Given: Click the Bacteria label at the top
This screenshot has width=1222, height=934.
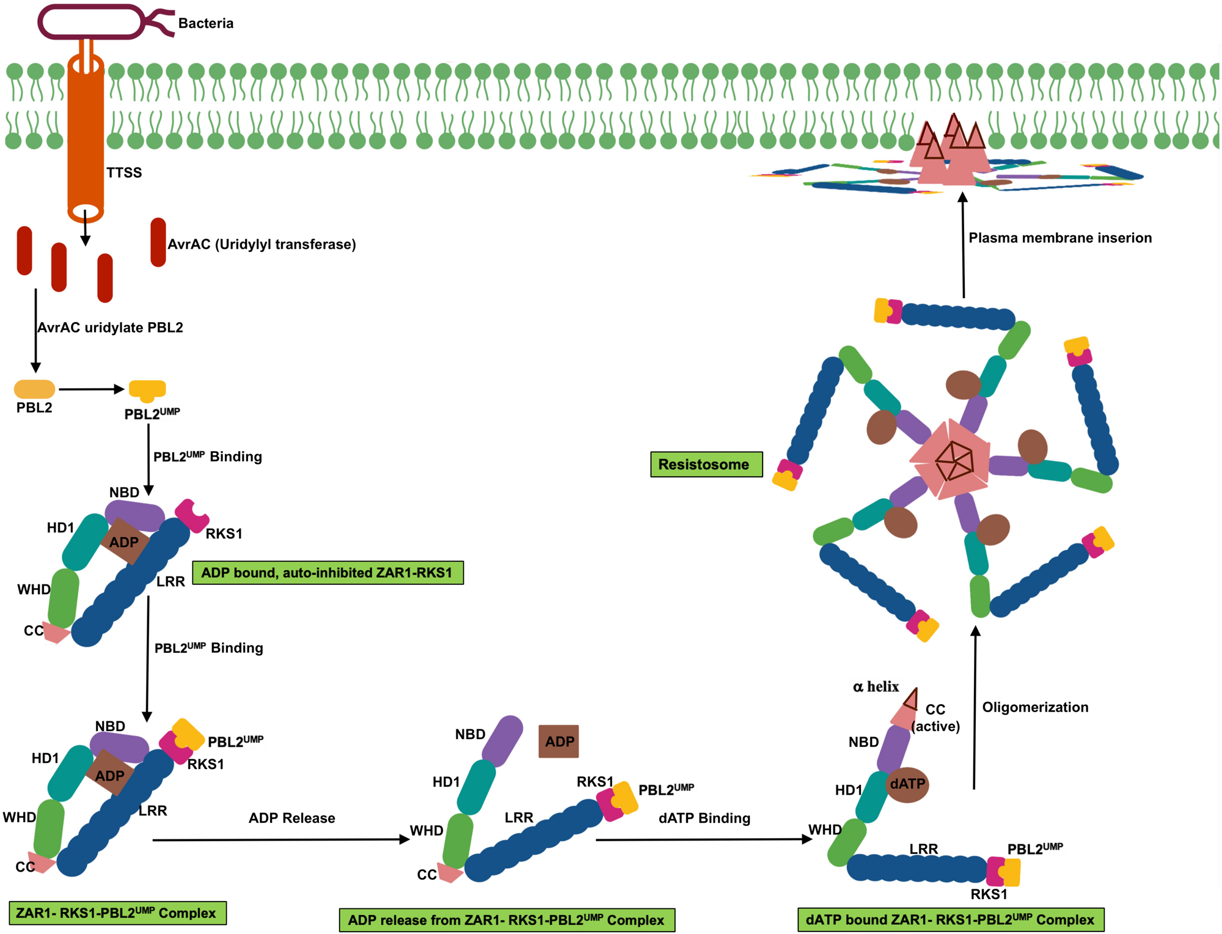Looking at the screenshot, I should [205, 23].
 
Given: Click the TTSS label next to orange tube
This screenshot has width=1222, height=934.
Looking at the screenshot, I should [124, 172].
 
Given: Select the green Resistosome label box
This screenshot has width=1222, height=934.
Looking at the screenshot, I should [706, 464].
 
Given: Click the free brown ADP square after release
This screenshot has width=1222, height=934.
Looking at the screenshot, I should [558, 741].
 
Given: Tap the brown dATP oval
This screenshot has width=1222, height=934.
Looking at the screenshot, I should [907, 784].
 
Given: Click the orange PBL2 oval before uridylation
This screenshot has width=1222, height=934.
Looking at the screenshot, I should [34, 389].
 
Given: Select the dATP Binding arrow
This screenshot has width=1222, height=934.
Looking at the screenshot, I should [703, 839].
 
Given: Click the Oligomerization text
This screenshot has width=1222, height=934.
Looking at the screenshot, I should [1035, 707].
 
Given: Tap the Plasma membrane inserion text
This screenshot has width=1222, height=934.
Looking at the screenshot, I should [1060, 238].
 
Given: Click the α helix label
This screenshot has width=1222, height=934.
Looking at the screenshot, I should [876, 686].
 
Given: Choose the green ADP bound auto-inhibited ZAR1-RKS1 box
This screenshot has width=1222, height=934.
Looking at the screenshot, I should [327, 572].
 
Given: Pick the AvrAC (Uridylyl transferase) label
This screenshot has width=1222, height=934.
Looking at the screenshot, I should [262, 244].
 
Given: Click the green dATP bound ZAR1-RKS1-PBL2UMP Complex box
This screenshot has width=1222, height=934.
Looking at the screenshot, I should [950, 919].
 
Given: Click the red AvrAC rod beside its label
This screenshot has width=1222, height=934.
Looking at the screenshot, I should [158, 242].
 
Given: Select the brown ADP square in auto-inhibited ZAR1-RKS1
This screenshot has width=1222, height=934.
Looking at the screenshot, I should [124, 542].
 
